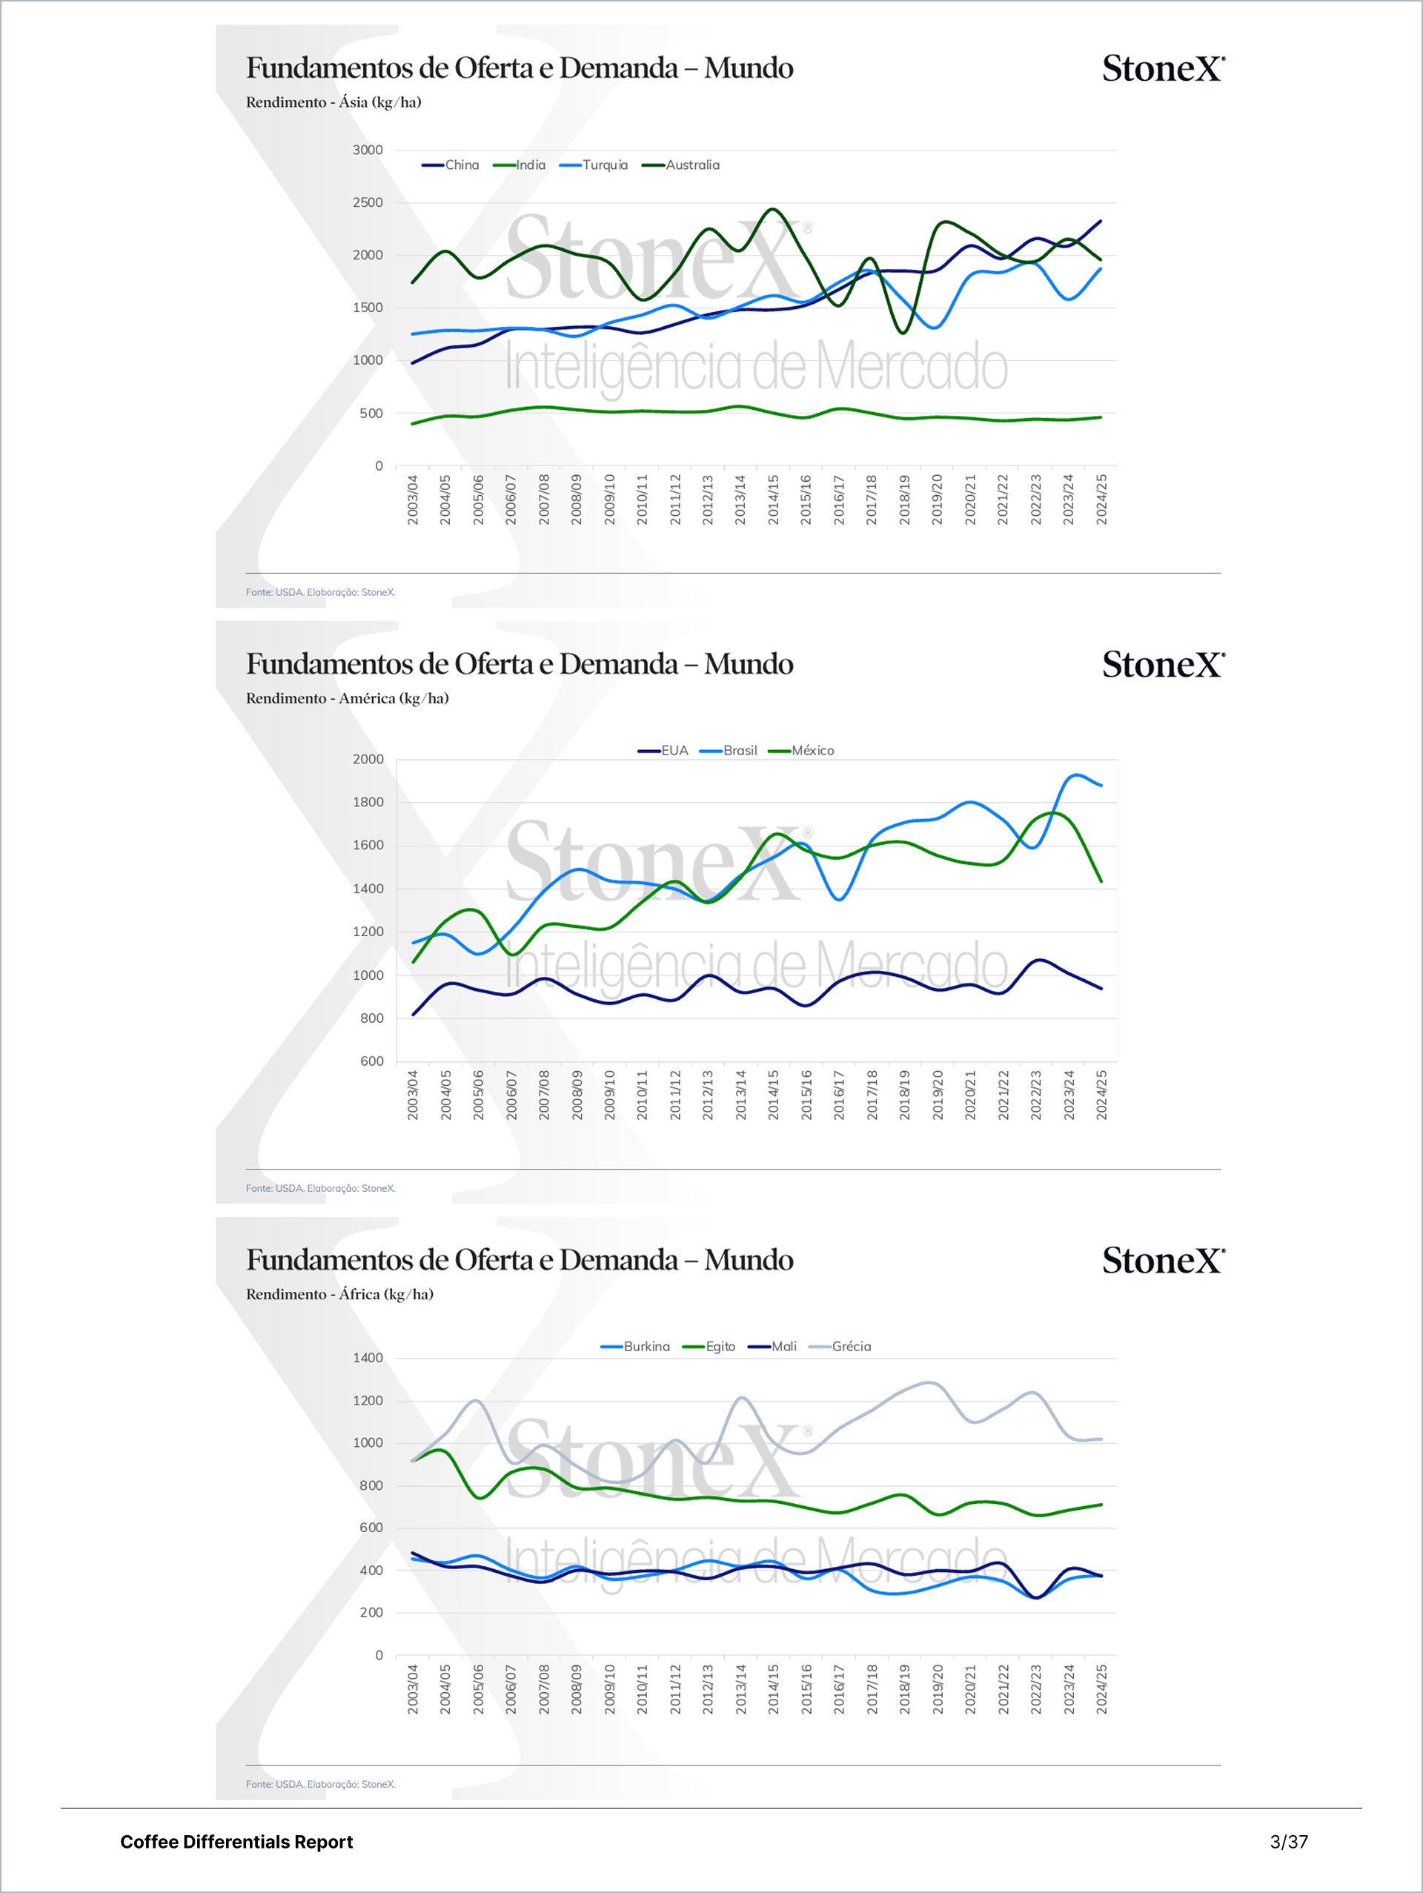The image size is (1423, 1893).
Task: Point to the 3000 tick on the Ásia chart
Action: pyautogui.click(x=368, y=150)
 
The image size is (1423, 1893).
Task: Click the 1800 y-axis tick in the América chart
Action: pyautogui.click(x=368, y=802)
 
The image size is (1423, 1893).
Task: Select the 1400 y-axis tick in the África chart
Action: pyautogui.click(x=368, y=1357)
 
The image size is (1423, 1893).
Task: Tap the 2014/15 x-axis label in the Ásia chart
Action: pyautogui.click(x=773, y=499)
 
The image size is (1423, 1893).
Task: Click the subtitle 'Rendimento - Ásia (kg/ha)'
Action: pyautogui.click(x=334, y=102)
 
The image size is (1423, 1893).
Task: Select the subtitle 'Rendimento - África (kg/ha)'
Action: pyautogui.click(x=339, y=1294)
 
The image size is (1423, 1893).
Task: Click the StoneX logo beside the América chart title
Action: pyautogui.click(x=1163, y=665)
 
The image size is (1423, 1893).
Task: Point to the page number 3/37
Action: pyautogui.click(x=1289, y=1842)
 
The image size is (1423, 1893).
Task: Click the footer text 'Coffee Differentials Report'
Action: pyautogui.click(x=236, y=1842)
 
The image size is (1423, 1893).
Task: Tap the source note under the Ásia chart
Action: pyautogui.click(x=320, y=592)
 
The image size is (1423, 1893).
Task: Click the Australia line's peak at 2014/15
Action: pyautogui.click(x=773, y=209)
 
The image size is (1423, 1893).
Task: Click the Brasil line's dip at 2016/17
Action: pyautogui.click(x=838, y=899)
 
